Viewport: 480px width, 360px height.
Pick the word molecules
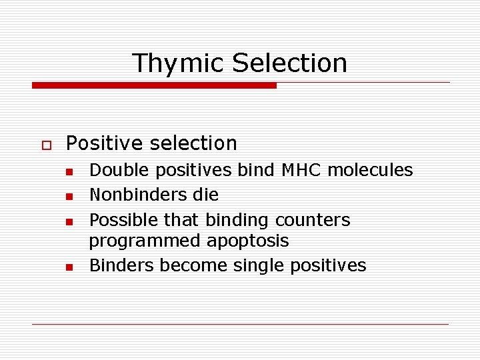[375, 171]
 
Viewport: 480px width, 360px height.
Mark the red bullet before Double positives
[69, 172]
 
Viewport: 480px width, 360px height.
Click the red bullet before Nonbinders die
[69, 197]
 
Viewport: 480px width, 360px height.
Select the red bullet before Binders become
[69, 267]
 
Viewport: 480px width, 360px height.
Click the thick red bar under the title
[154, 85]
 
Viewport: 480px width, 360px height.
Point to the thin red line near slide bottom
[240, 324]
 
